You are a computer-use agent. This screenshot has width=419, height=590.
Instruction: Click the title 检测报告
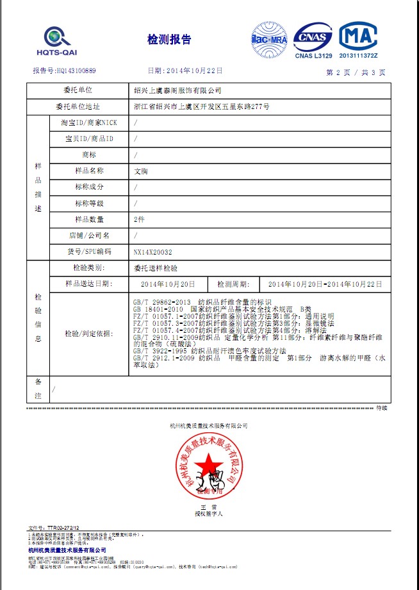pos(169,40)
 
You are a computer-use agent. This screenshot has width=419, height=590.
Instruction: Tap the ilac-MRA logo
pos(269,40)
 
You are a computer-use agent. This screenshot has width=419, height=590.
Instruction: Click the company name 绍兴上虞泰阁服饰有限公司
pos(176,91)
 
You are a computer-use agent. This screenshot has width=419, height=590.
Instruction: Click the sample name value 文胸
pos(140,171)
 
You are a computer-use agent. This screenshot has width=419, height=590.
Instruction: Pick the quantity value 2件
pos(140,219)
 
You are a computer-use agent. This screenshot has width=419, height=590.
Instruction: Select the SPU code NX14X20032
pos(152,252)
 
